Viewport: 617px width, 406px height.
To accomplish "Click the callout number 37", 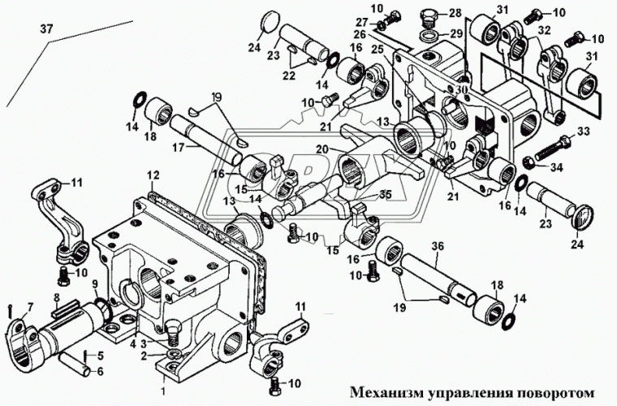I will [47, 30].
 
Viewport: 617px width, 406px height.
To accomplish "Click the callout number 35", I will [384, 195].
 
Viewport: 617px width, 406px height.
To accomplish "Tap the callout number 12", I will [153, 175].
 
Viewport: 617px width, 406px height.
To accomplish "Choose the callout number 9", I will [94, 283].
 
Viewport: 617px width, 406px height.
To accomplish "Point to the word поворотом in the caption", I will [557, 392].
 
